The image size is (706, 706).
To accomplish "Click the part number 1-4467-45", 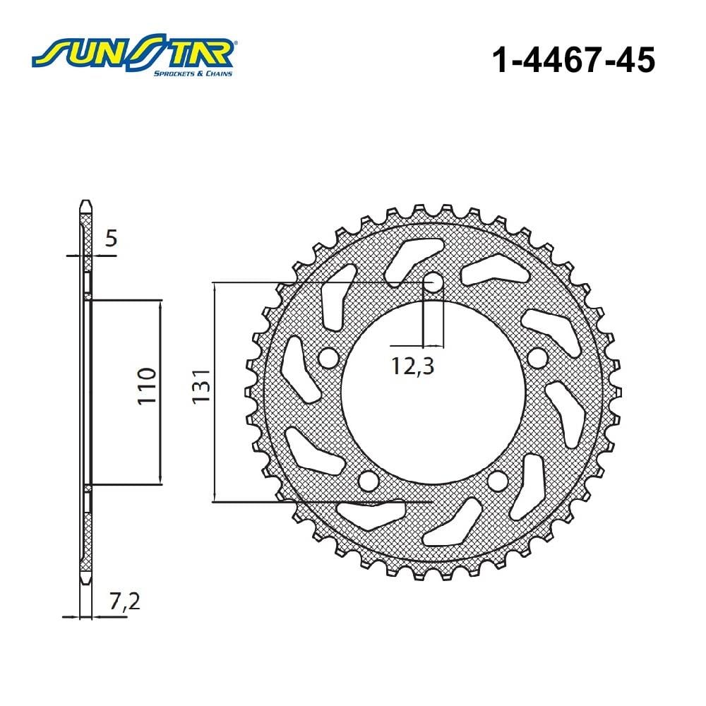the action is [x=573, y=60].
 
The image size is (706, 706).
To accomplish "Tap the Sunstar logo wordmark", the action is [x=133, y=52].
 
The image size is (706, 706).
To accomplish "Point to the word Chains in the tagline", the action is [x=220, y=73].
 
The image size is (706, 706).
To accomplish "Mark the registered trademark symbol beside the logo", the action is [x=236, y=43].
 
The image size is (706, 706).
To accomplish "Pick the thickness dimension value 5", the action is [x=111, y=238].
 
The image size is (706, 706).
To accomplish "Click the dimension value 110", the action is [x=147, y=386].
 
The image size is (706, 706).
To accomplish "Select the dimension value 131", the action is [x=201, y=386].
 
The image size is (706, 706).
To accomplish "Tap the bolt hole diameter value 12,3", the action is [x=412, y=366].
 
